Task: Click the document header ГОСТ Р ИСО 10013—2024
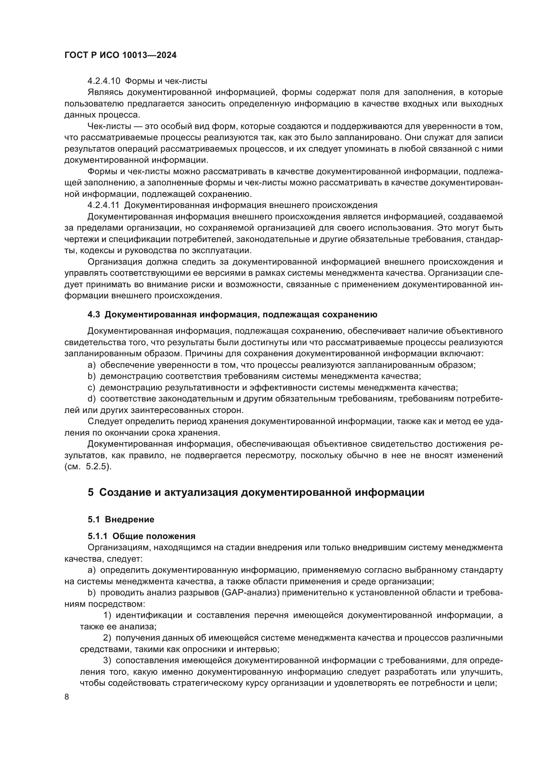[x=120, y=55]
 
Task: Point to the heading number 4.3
[x=94, y=315]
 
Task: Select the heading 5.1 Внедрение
[x=121, y=519]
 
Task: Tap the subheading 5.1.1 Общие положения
[x=142, y=536]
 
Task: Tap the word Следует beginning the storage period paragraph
[x=106, y=421]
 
